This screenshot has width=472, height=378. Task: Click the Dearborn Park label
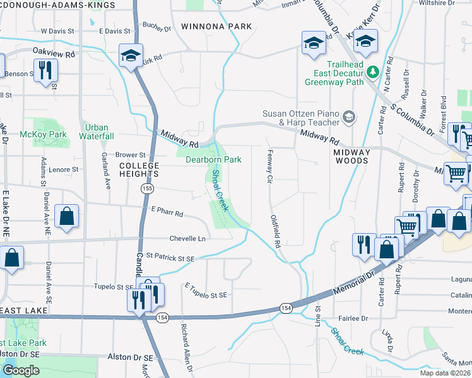(213, 160)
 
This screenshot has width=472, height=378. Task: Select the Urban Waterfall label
(97, 131)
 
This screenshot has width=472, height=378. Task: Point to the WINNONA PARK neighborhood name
(216, 26)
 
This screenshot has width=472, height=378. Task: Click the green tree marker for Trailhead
(372, 73)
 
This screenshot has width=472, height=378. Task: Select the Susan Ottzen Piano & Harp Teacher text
(301, 118)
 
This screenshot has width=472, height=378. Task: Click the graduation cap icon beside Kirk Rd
(131, 55)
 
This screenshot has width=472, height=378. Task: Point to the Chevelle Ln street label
(187, 239)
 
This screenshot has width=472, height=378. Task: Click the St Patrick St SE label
(171, 257)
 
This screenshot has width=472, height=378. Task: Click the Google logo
(21, 370)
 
